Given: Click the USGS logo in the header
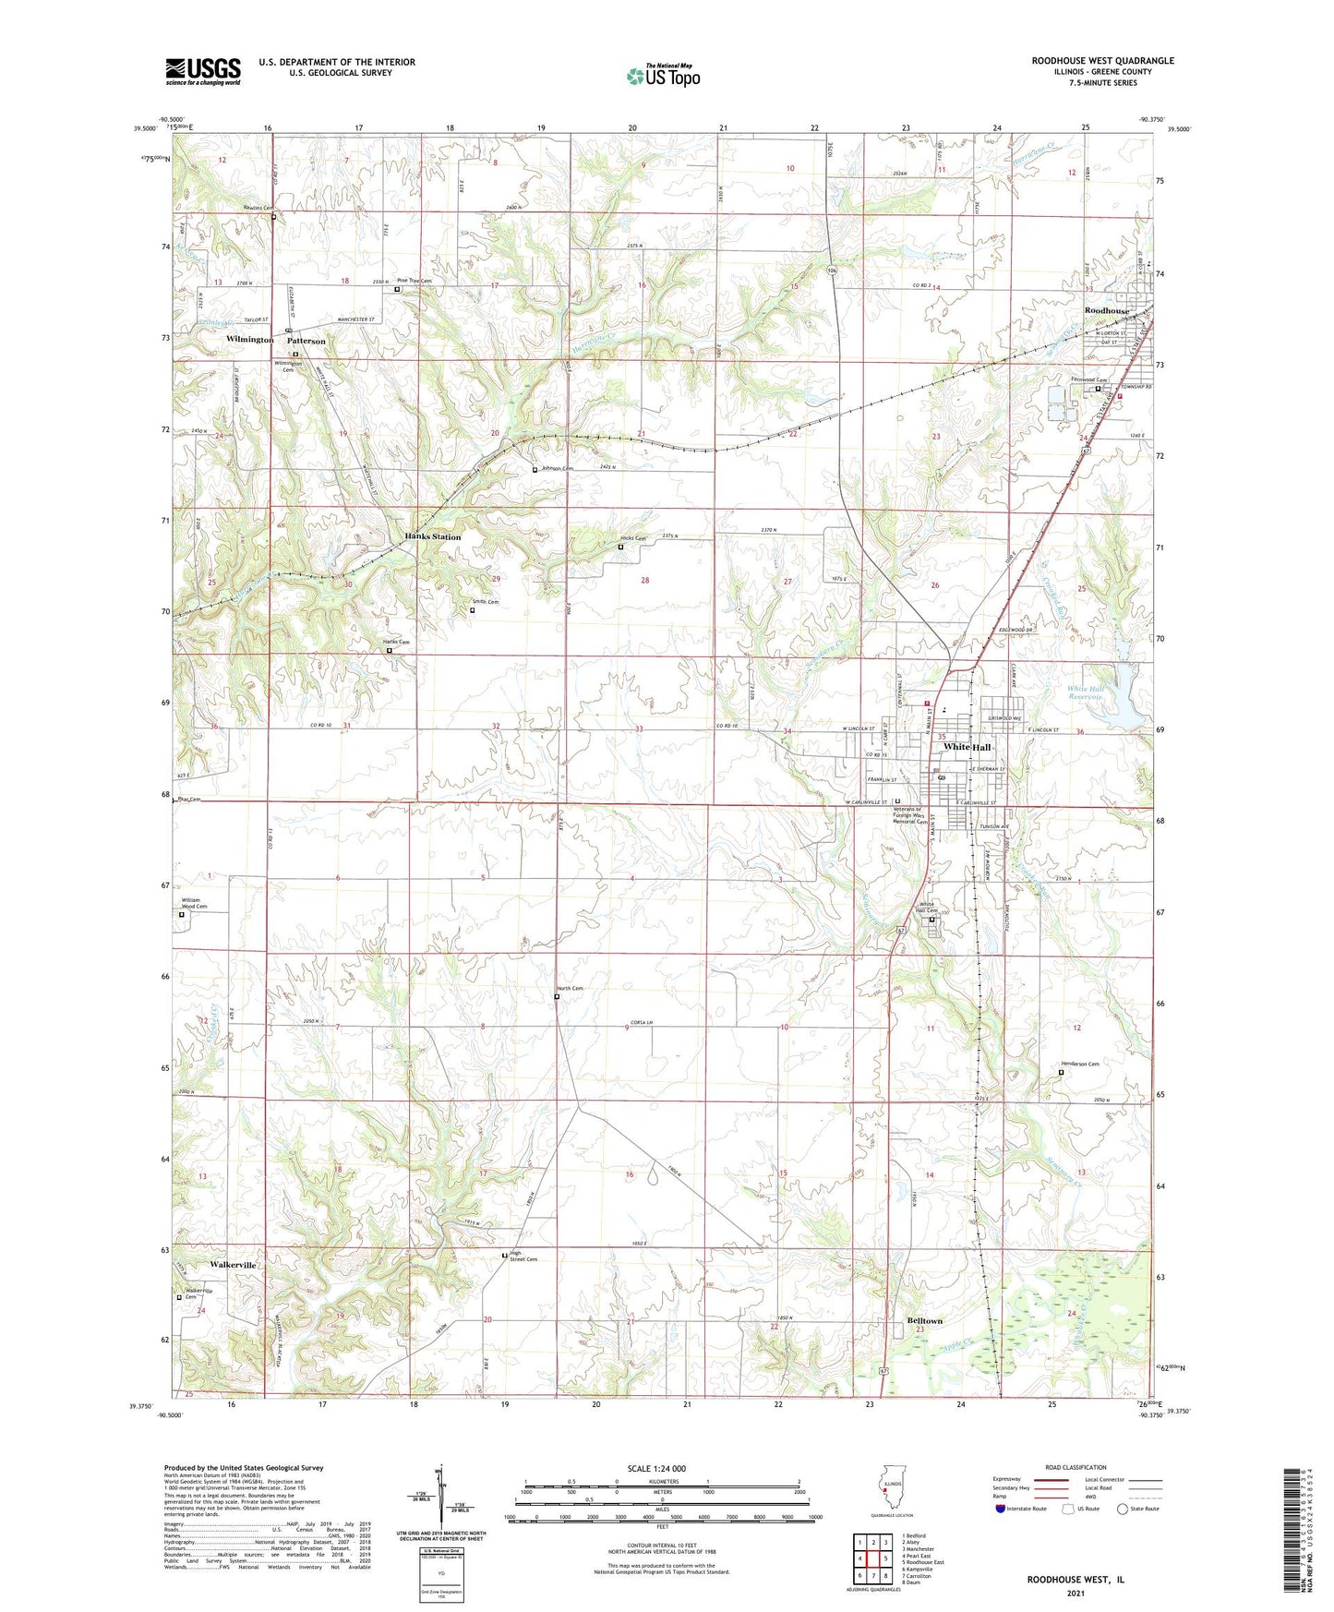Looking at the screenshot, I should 203,71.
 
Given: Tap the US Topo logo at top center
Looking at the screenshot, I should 663,76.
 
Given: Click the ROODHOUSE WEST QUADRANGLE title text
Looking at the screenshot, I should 1102,61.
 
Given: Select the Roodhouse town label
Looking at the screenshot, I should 1106,311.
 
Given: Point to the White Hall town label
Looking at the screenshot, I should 967,747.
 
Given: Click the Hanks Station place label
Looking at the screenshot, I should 432,536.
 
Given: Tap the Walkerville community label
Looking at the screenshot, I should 233,1265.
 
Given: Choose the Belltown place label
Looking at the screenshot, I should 924,1321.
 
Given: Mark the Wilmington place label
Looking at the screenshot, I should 249,340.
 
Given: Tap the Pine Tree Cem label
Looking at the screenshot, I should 414,281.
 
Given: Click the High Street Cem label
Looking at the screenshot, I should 523,1257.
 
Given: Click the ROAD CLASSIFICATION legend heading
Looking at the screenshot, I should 1076,1467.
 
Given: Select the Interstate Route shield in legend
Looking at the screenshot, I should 1001,1509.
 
